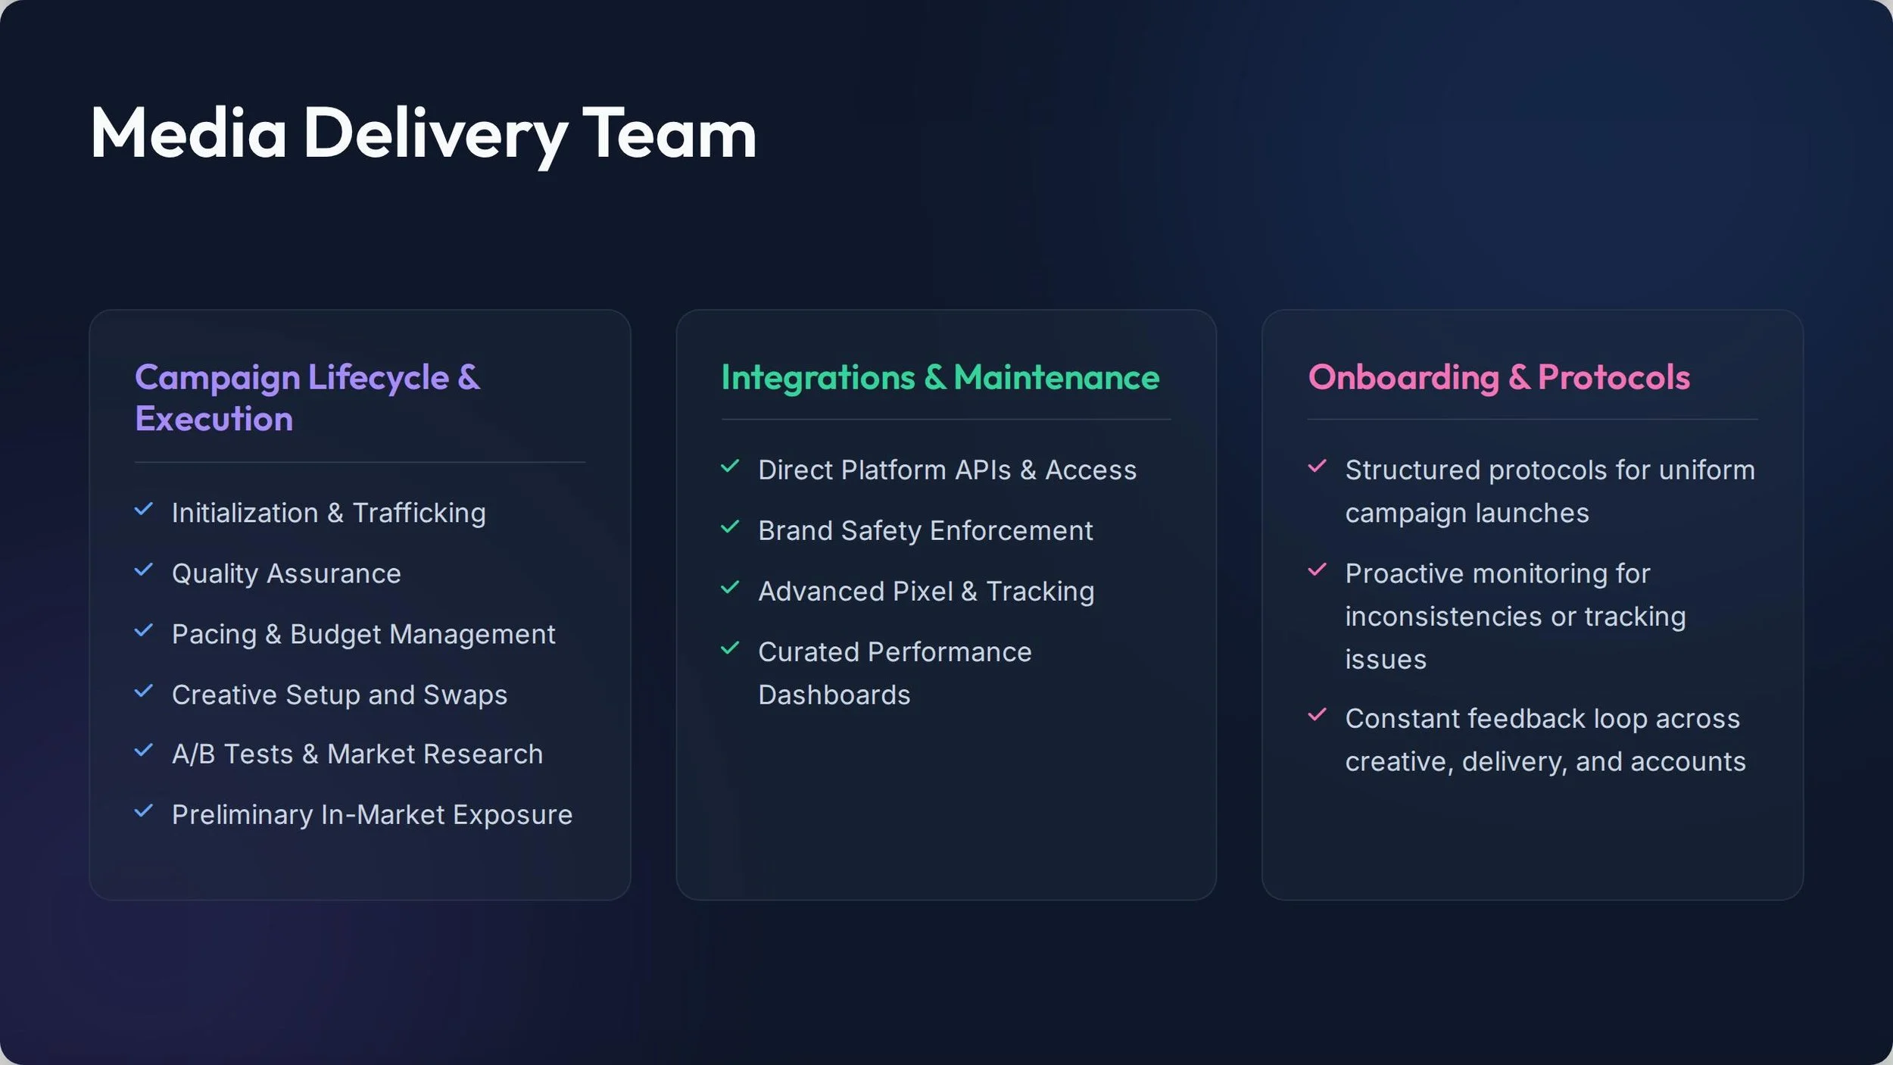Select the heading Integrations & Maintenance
(940, 378)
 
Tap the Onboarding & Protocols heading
(1498, 377)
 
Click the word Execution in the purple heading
(214, 419)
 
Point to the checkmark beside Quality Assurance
(144, 570)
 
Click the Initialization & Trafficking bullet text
(329, 513)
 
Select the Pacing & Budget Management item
(363, 635)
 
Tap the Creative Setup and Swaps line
(339, 695)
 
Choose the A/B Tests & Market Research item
(357, 754)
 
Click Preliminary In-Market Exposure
(372, 815)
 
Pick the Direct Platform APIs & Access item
(947, 470)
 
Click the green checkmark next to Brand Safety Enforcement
(730, 526)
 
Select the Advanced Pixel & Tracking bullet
(926, 592)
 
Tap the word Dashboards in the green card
(834, 695)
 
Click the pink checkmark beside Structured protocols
(1317, 466)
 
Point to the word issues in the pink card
(1386, 660)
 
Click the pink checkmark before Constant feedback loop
(1317, 714)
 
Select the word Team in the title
(669, 133)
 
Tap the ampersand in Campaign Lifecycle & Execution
(469, 377)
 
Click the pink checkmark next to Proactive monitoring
(1317, 570)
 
